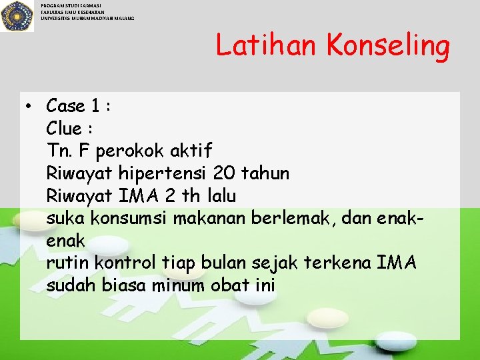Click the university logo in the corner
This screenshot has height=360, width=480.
pos(17,16)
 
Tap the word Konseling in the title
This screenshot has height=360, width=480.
pos(388,46)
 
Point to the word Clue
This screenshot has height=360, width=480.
pos(64,128)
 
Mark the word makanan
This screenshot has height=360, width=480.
pos(215,218)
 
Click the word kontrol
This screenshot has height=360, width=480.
pos(127,263)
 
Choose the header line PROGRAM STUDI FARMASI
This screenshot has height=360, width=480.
pos(71,5)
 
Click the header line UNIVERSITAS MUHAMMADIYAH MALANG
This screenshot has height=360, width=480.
pos(87,18)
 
